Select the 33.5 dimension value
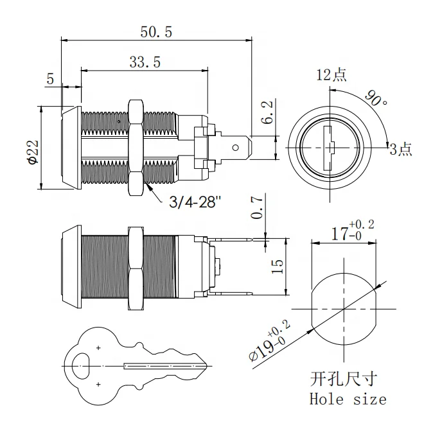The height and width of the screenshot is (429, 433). (145, 62)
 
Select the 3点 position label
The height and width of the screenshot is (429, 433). (401, 150)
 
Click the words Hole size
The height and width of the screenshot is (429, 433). (348, 399)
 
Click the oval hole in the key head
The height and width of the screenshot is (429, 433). (82, 366)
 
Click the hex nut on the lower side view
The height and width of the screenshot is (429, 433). (136, 267)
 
